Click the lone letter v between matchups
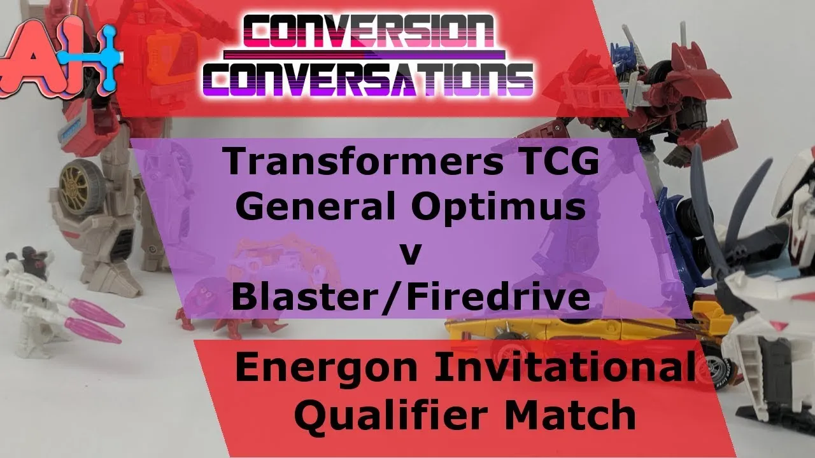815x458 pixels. [411, 254]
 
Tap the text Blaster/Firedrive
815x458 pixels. [411, 296]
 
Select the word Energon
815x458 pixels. [326, 370]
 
